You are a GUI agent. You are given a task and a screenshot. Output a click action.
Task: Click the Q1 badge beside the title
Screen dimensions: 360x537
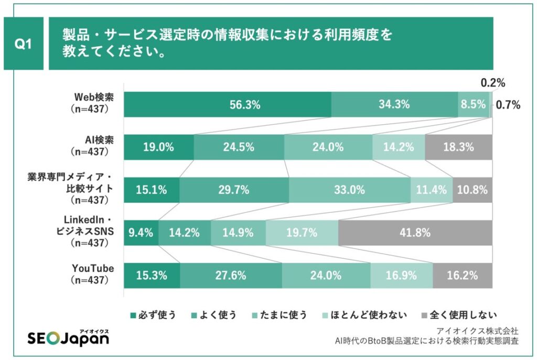(23, 44)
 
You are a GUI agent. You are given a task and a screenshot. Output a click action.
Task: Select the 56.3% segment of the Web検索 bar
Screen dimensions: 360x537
(227, 105)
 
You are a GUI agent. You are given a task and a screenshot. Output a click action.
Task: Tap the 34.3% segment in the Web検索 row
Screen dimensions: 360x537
(394, 105)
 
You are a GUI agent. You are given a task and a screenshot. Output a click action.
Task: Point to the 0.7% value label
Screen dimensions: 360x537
(508, 105)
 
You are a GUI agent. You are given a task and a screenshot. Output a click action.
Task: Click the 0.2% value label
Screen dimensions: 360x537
(492, 83)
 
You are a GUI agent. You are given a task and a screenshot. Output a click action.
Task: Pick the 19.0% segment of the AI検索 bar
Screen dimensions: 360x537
(158, 147)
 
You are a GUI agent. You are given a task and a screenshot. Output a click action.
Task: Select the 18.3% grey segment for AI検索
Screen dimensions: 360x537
(458, 147)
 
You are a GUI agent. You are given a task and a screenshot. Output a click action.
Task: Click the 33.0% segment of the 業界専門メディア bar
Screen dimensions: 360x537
(349, 190)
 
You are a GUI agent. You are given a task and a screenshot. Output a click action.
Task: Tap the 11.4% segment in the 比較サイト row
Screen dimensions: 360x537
(431, 190)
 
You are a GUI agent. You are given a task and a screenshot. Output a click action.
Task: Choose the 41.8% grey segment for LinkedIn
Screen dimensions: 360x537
(415, 233)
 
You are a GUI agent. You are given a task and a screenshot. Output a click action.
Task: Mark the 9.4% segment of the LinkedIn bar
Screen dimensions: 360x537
(141, 233)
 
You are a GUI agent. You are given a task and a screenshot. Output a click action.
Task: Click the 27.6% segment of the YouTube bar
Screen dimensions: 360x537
(231, 275)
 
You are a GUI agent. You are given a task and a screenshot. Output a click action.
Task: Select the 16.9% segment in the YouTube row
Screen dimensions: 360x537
(401, 275)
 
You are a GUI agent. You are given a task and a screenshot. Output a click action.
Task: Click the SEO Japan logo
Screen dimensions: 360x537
(68, 339)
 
